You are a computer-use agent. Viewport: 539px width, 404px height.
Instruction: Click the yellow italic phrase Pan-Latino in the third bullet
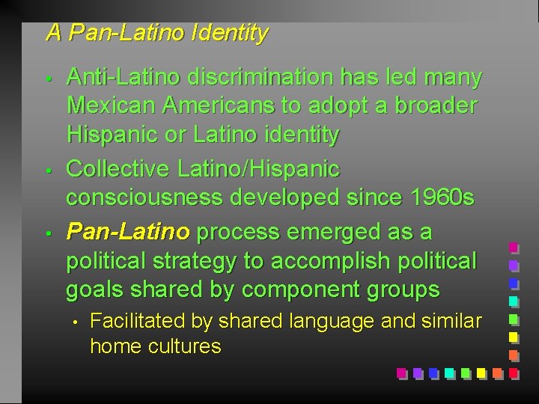click(128, 232)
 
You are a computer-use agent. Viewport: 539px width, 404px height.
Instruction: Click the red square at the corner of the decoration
click(514, 372)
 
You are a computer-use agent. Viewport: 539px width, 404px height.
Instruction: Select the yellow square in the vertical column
click(514, 336)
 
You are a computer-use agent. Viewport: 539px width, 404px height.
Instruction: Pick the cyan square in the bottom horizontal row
click(449, 372)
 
